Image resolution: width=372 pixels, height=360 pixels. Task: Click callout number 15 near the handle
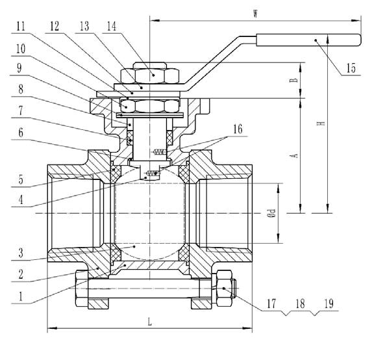point(351,68)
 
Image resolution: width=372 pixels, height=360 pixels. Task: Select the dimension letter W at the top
point(256,14)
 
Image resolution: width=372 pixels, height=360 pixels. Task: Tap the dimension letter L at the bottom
point(149,322)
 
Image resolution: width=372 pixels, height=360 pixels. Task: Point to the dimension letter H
point(321,123)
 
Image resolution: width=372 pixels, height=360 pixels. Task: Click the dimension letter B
point(293,80)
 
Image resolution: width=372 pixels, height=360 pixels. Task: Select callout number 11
point(21,26)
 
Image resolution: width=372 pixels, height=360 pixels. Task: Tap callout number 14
point(112,26)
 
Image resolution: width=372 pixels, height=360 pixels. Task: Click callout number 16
point(238,129)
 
